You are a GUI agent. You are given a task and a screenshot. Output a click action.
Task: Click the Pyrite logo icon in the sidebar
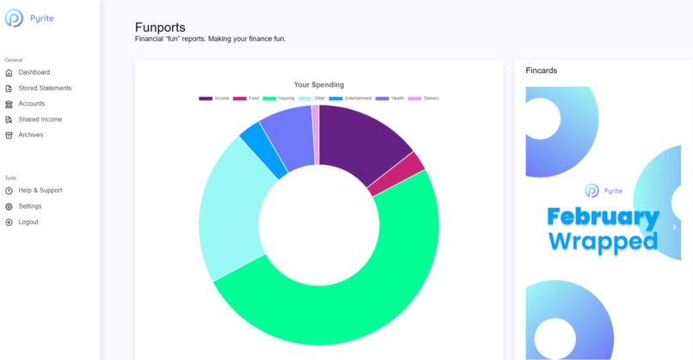point(15,18)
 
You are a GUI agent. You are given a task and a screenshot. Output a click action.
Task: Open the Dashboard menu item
point(34,72)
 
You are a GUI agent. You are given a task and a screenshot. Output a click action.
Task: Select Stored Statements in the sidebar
point(45,88)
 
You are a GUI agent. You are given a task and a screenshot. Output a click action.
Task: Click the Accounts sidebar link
point(32,104)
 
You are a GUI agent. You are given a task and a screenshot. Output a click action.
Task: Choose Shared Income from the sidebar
point(40,119)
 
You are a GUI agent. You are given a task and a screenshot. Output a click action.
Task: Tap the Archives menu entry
point(30,135)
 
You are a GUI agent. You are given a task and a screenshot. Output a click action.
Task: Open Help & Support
point(40,190)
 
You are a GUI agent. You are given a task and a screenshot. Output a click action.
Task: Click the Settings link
point(29,206)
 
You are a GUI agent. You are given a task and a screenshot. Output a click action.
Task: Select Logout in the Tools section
point(28,222)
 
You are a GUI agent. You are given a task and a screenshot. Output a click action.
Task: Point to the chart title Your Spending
point(318,85)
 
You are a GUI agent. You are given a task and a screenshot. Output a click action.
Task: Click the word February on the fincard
point(603,217)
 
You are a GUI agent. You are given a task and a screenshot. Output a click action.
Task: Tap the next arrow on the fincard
point(674,227)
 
